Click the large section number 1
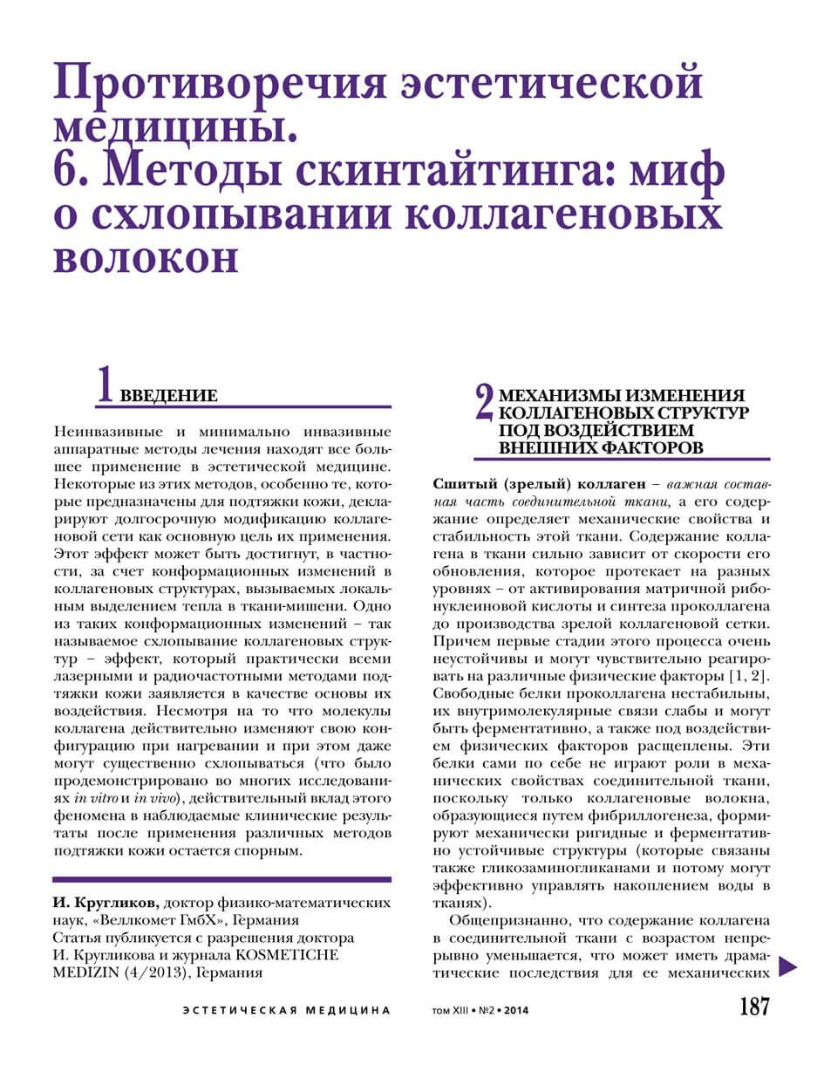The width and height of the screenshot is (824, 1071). coord(105,384)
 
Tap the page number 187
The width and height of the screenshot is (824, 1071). coord(754,1007)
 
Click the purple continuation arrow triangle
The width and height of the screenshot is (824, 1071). coord(787,965)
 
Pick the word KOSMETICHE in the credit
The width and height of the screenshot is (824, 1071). coord(288,955)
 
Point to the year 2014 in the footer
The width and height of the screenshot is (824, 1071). coord(514,1012)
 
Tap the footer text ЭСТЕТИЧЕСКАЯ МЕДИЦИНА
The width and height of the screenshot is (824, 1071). coord(287,1011)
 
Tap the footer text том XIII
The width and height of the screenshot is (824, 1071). coord(450,1012)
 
